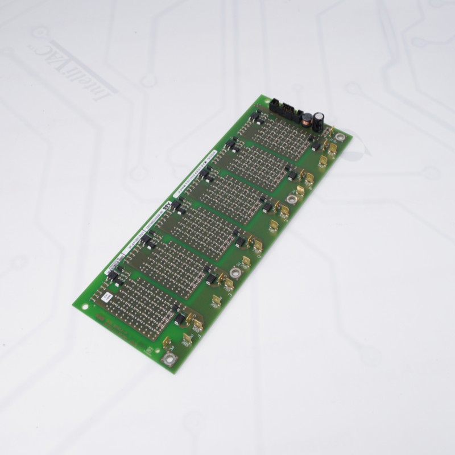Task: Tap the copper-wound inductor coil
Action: (x=305, y=119)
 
